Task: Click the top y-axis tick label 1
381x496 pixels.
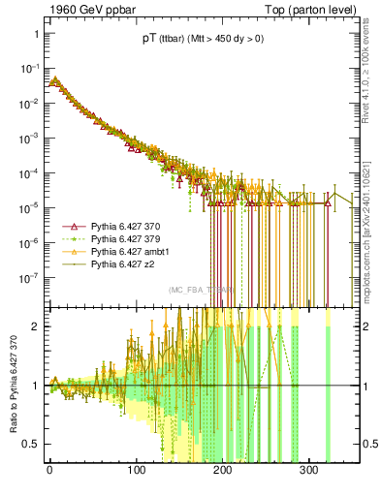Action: (36, 34)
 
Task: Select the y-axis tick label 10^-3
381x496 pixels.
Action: (30, 138)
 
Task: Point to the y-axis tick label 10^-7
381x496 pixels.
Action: (30, 276)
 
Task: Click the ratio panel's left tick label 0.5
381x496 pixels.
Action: (32, 445)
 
